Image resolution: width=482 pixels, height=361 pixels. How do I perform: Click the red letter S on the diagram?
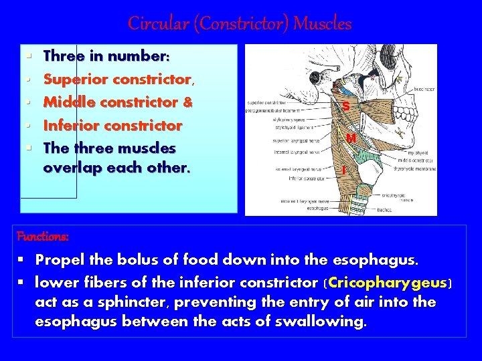tap(345, 106)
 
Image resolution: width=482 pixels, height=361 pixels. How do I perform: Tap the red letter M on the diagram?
tap(351, 138)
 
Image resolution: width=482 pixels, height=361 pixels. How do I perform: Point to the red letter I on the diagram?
tap(343, 171)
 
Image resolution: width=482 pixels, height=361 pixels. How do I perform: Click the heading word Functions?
tap(42, 237)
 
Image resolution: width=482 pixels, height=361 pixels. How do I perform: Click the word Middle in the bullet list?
tap(66, 102)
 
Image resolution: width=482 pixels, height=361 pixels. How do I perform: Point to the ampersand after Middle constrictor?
tap(187, 102)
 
